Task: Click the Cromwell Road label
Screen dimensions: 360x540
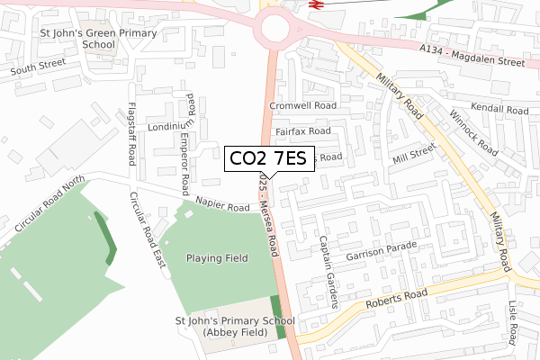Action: pos(302,105)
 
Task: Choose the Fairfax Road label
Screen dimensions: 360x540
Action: pos(303,131)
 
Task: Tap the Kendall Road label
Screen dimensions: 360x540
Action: pos(499,108)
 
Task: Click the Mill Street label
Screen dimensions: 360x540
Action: pos(414,153)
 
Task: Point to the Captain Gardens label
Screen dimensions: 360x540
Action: pos(328,271)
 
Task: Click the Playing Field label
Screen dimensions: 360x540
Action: pos(217,258)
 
